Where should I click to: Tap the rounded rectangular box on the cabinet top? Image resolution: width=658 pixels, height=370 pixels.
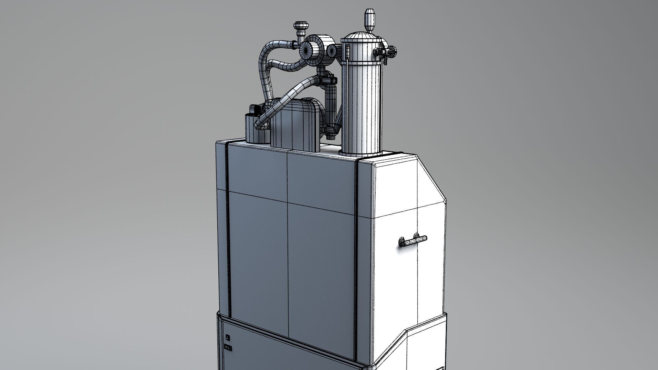296,125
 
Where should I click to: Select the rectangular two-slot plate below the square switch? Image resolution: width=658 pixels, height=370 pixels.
228,348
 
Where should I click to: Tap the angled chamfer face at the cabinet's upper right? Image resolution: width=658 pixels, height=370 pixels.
431,182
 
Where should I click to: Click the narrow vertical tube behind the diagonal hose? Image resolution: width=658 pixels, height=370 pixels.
330,106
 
